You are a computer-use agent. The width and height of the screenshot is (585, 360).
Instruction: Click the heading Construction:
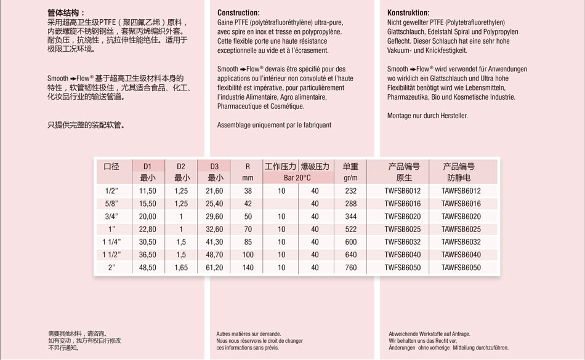tap(238, 13)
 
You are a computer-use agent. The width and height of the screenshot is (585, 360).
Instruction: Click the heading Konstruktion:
tap(408, 13)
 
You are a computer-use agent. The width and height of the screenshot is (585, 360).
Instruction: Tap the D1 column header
tap(147, 167)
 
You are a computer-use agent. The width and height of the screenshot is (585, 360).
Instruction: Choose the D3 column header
tap(214, 167)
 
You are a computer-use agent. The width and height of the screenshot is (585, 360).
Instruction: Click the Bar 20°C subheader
tap(297, 178)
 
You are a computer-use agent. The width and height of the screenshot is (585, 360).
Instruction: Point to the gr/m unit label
tap(350, 178)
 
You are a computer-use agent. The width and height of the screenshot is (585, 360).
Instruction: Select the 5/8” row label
tap(111, 204)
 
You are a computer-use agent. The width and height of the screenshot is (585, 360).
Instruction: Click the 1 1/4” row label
tap(111, 242)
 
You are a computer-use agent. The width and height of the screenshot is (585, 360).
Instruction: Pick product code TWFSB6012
tap(403, 191)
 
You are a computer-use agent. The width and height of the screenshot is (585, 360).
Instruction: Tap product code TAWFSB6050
tap(461, 268)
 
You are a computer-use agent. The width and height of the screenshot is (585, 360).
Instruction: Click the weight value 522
tap(350, 230)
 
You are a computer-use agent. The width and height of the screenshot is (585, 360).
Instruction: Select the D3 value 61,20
tap(214, 268)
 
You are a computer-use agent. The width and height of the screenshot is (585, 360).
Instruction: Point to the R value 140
tap(248, 268)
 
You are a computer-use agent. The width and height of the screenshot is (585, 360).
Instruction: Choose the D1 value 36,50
tap(148, 255)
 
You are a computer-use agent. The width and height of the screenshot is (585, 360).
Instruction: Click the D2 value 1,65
tap(181, 268)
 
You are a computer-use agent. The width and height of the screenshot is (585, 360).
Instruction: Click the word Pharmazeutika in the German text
tap(408, 97)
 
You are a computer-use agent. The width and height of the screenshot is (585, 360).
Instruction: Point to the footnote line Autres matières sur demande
tap(248, 334)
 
